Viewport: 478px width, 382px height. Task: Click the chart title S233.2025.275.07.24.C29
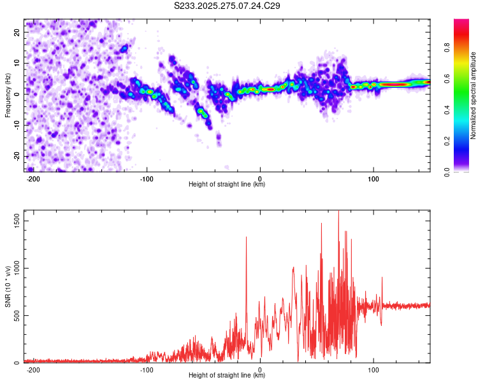click(228, 6)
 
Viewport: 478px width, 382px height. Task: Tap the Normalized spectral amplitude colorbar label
click(473, 95)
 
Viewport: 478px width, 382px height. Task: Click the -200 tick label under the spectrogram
click(33, 179)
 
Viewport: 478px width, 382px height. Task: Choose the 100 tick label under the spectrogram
click(373, 179)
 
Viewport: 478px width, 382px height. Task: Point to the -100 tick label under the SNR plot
click(146, 370)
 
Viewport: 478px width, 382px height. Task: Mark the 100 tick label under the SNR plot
click(373, 370)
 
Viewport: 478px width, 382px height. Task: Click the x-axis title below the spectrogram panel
click(227, 185)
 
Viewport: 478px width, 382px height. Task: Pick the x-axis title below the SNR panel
click(227, 376)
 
